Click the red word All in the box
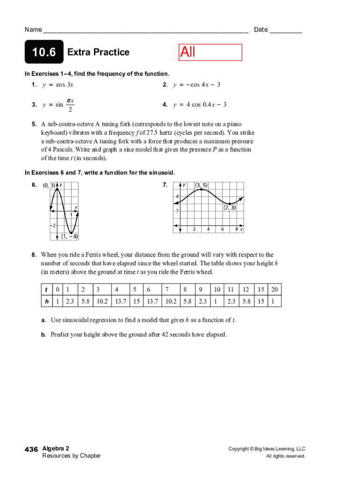click(188, 52)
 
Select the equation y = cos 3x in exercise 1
click(58, 85)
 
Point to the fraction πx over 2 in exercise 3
click(70, 105)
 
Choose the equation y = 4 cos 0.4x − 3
click(200, 105)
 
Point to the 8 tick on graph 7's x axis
click(237, 230)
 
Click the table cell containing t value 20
click(274, 290)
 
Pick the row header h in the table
click(47, 301)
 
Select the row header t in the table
click(47, 290)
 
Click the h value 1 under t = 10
click(217, 301)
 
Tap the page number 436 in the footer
click(31, 450)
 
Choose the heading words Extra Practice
click(98, 52)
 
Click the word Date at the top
click(261, 30)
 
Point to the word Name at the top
click(33, 30)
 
